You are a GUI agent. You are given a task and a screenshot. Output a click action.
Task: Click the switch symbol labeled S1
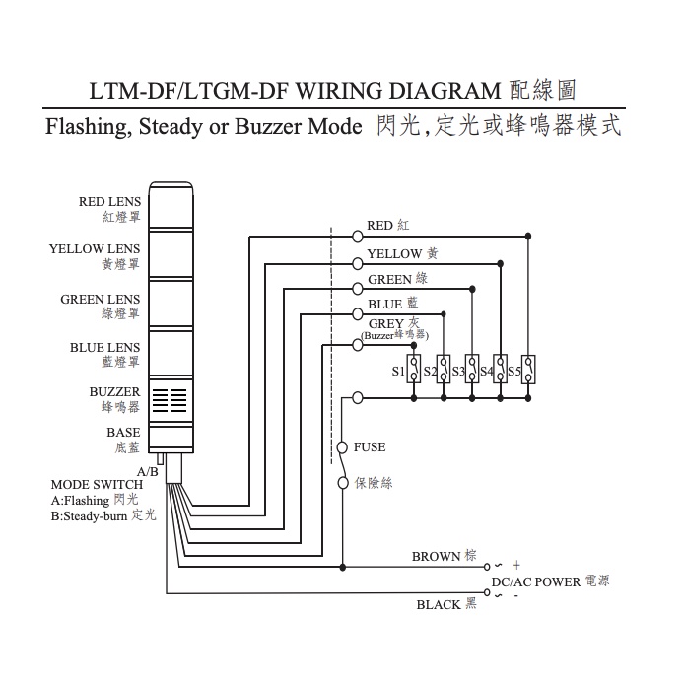click(415, 370)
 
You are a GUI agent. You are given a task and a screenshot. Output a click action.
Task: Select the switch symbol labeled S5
click(529, 370)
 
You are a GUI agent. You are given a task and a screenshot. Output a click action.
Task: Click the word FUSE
click(370, 447)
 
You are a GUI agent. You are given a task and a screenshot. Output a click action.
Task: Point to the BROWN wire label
click(436, 557)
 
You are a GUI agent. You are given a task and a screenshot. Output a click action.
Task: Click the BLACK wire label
click(438, 604)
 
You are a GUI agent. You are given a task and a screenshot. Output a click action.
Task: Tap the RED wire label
click(379, 226)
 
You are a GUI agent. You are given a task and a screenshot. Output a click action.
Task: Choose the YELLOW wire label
click(394, 254)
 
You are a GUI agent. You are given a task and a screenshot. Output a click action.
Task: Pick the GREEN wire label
click(389, 280)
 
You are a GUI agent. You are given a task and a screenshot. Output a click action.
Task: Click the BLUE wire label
click(385, 306)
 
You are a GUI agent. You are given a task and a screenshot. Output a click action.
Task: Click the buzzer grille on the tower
click(171, 398)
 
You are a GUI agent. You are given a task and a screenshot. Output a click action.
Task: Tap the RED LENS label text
click(109, 202)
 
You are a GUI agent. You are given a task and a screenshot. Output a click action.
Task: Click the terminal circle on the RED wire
click(357, 235)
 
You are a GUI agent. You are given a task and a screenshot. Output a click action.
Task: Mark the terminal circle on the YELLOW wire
click(357, 262)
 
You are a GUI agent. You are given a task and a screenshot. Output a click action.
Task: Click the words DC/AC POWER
click(536, 582)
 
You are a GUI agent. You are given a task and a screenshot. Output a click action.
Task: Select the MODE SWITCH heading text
click(97, 484)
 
